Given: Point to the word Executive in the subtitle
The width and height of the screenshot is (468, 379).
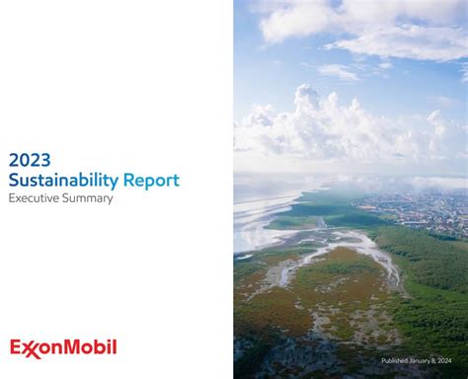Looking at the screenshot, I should click(35, 198).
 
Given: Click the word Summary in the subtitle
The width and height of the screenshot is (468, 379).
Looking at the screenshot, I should click(89, 198).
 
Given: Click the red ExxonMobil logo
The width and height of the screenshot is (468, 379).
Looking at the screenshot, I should click(63, 347).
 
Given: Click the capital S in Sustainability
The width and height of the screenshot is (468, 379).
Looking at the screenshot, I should click(13, 181).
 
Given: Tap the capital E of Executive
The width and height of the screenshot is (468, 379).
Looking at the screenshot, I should click(12, 198).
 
